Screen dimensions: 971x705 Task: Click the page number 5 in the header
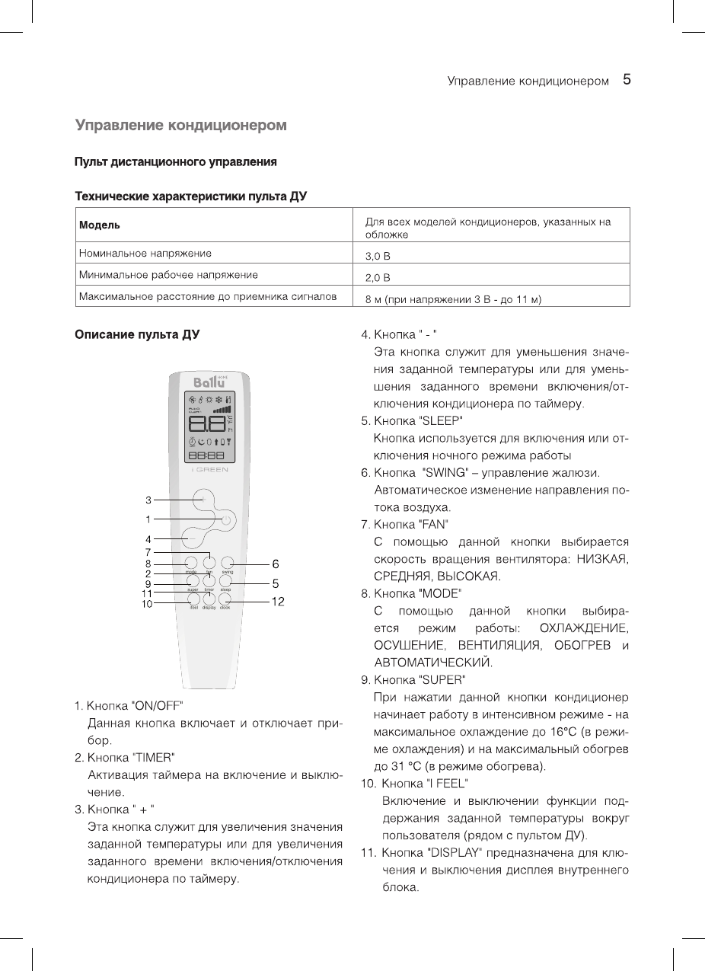(627, 79)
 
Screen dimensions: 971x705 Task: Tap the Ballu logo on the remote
(208, 382)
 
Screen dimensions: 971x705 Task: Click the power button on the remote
(225, 520)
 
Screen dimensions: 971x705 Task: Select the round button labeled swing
(227, 564)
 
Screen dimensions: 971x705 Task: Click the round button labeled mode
(191, 564)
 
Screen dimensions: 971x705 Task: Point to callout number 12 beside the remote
(278, 602)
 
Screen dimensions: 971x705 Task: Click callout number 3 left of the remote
(149, 500)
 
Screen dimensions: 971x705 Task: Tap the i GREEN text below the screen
(209, 470)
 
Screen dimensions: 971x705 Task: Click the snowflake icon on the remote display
(219, 400)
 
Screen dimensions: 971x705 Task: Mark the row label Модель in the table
(99, 225)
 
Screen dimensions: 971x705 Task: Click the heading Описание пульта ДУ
(136, 334)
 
